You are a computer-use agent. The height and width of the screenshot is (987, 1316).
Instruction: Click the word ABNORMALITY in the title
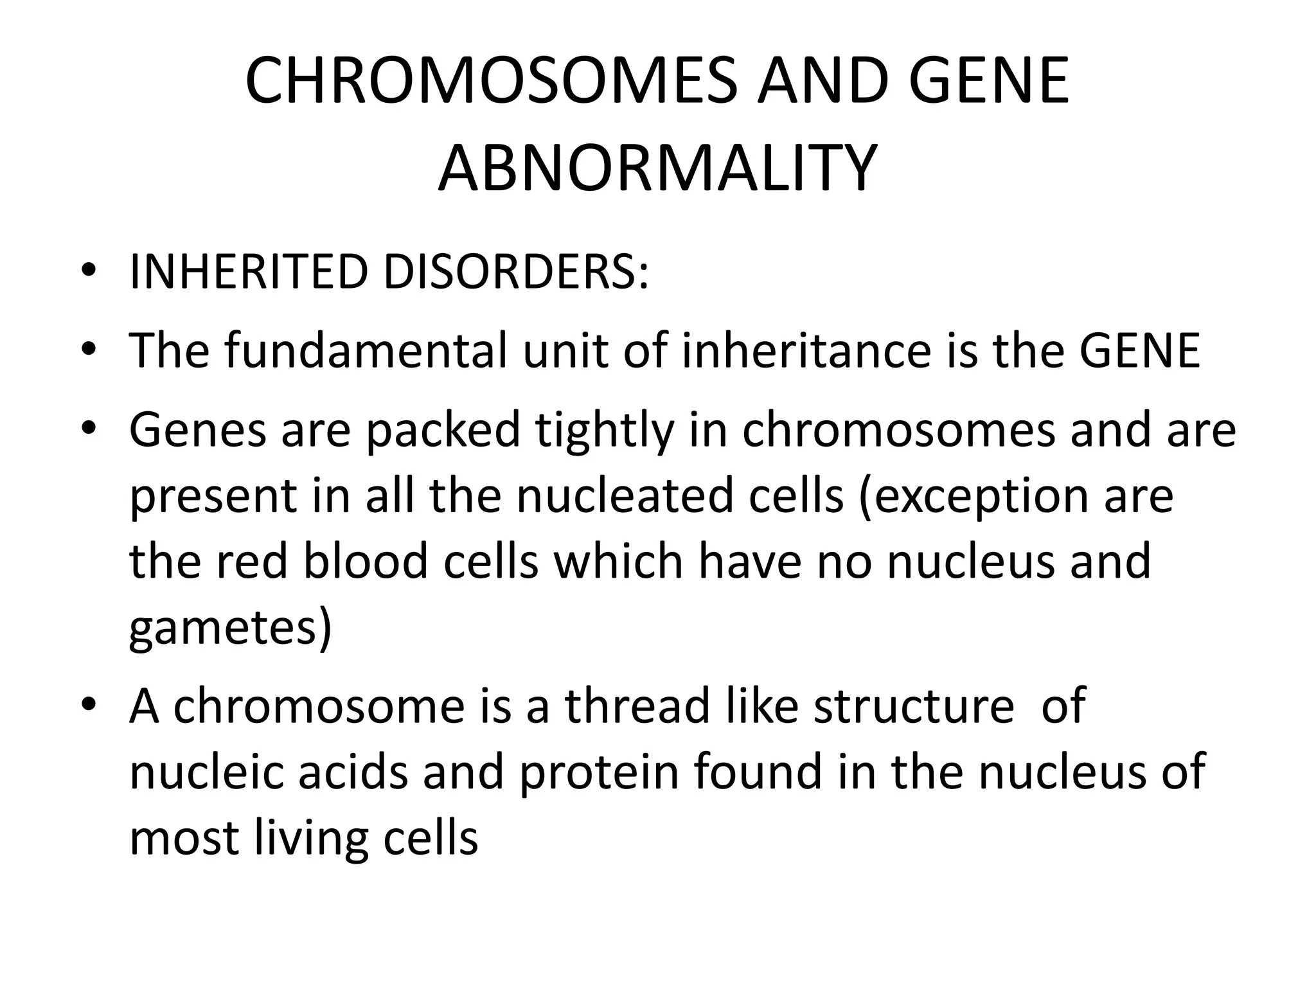[x=657, y=169]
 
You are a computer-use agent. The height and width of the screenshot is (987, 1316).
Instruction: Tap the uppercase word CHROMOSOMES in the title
[x=491, y=81]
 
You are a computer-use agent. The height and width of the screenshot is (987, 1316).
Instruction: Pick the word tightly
[x=605, y=431]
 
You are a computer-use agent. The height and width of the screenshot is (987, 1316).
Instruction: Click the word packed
[x=443, y=431]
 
